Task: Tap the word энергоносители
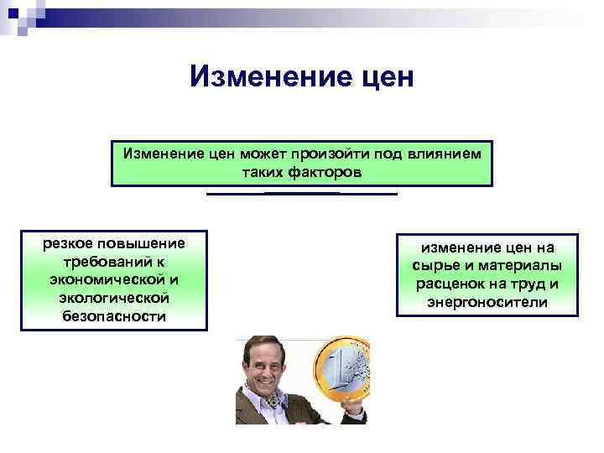[x=487, y=302]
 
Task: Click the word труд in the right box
[x=528, y=284]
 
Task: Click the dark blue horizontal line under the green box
[x=301, y=194]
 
